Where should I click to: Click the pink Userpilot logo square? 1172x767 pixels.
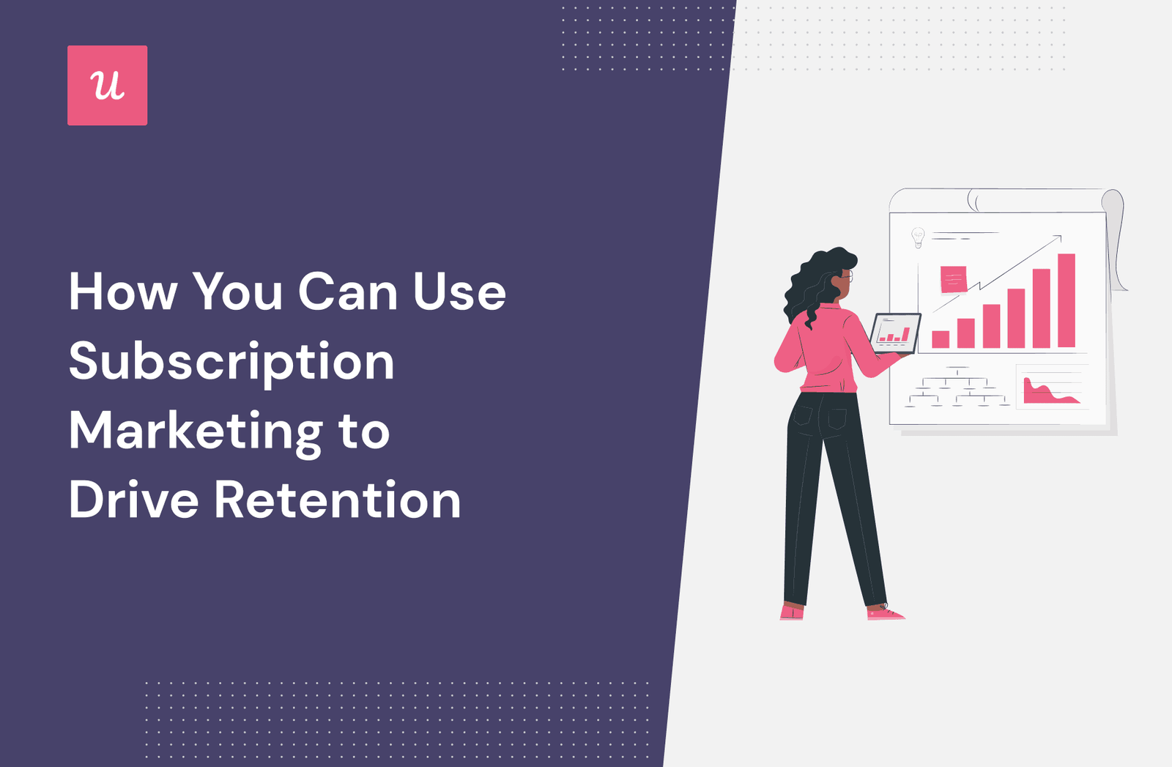click(x=107, y=85)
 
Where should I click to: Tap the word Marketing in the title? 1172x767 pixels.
click(x=196, y=432)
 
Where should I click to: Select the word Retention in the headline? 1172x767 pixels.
click(x=338, y=500)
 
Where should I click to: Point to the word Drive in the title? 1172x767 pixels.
click(x=134, y=500)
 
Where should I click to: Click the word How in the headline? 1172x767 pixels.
click(x=123, y=292)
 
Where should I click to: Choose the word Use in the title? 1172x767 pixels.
click(x=459, y=292)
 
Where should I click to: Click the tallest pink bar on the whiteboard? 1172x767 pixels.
click(x=1067, y=301)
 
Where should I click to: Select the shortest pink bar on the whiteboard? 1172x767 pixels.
click(x=941, y=340)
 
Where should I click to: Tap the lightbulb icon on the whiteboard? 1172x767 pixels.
click(x=918, y=237)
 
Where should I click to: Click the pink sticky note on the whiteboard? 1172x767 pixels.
click(x=953, y=279)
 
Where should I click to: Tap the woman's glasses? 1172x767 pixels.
click(x=848, y=275)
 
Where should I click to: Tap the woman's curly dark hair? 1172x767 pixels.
click(x=814, y=285)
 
